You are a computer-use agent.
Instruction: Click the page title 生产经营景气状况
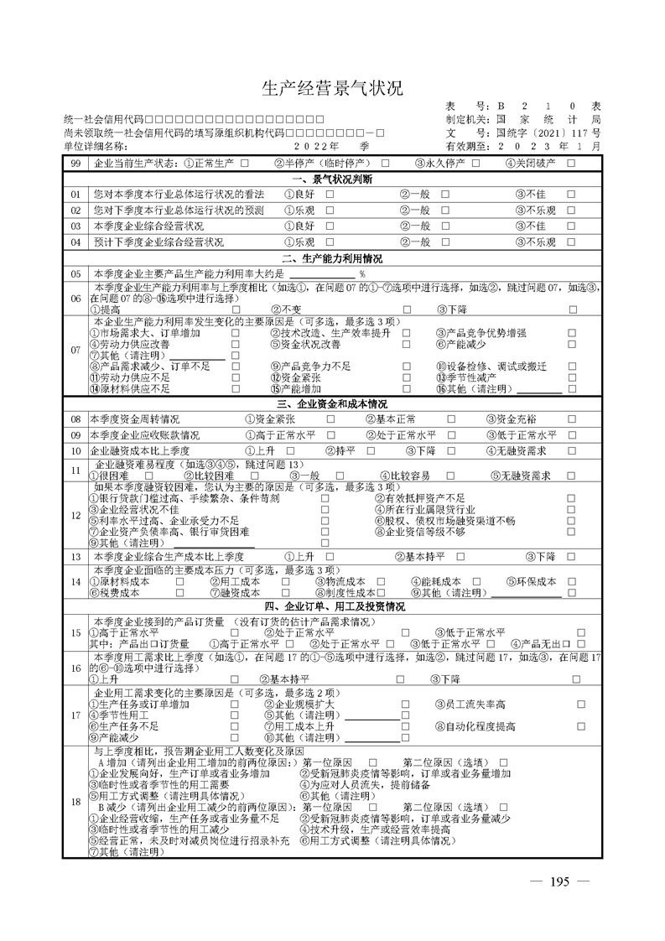pyautogui.click(x=333, y=89)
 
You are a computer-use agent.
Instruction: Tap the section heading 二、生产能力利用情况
pyautogui.click(x=332, y=258)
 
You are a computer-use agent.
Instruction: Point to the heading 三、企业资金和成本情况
pyautogui.click(x=332, y=404)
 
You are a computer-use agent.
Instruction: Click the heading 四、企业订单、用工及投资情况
pyautogui.click(x=332, y=606)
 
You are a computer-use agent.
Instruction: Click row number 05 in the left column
pyautogui.click(x=76, y=273)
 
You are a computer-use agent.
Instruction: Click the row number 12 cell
pyautogui.click(x=76, y=514)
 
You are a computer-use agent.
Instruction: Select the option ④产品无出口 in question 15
pyautogui.click(x=542, y=643)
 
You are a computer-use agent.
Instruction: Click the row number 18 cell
pyautogui.click(x=76, y=803)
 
